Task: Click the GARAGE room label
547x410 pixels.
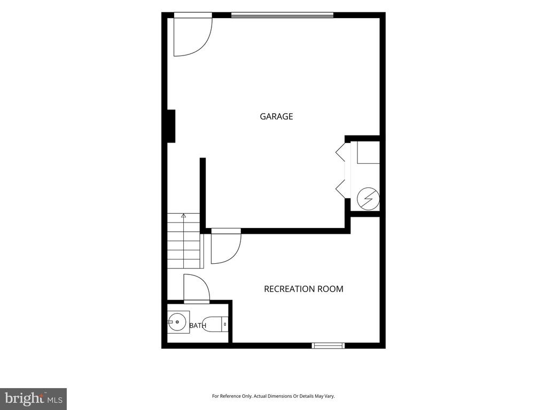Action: (276, 116)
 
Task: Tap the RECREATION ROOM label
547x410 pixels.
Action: (303, 289)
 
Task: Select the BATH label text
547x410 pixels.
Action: (198, 326)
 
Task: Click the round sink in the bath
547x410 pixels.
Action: (177, 322)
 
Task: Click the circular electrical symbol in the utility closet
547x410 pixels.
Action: (369, 199)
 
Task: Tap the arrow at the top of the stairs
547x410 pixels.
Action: (184, 216)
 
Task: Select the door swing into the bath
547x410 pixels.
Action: (197, 287)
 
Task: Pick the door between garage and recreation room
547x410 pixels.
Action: (226, 246)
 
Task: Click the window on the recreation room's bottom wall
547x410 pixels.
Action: (329, 345)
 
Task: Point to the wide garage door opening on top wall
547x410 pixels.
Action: (282, 15)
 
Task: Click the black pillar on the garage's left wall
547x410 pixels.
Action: (171, 126)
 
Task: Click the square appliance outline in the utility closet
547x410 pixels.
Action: (368, 152)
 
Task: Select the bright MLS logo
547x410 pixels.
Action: (34, 398)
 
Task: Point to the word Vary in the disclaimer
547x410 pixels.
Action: (329, 396)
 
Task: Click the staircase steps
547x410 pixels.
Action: (184, 241)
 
